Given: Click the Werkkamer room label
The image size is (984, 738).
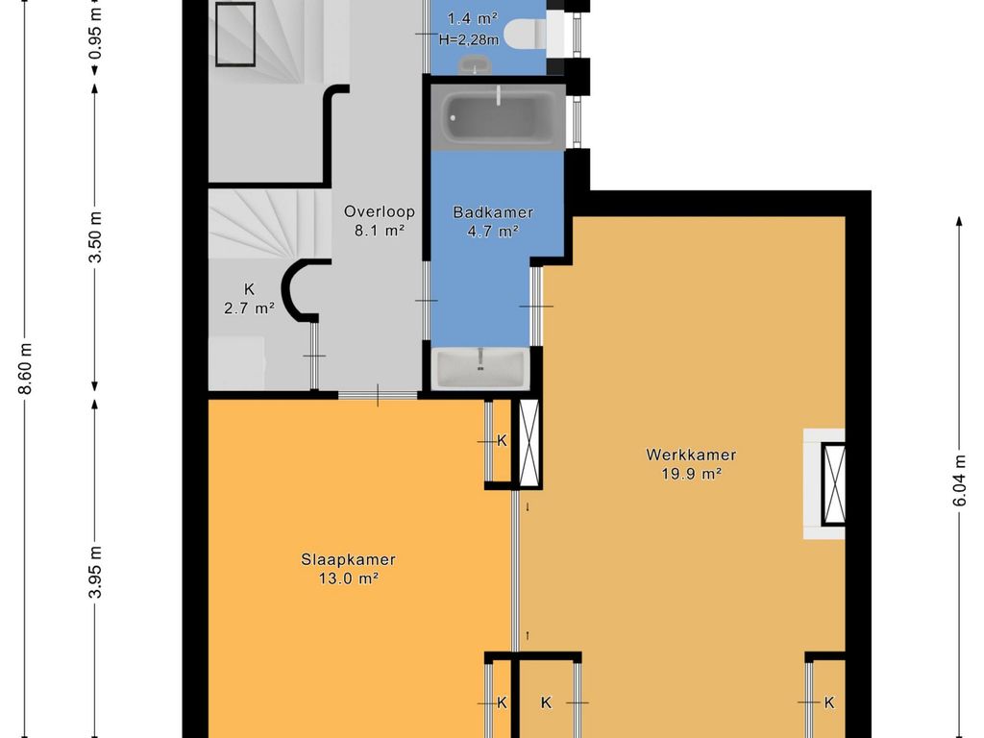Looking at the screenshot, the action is click(691, 455).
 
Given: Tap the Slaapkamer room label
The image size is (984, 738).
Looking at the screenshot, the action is click(348, 560).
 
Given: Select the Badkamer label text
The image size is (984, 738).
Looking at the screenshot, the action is click(493, 212).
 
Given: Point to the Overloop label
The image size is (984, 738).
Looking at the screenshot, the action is click(379, 211).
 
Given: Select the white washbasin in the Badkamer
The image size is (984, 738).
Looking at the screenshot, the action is click(480, 368).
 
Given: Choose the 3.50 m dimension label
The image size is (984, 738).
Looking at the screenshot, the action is click(95, 238).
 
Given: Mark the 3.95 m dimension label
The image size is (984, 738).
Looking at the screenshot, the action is click(95, 573).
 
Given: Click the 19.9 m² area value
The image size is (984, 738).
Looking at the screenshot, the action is click(691, 474).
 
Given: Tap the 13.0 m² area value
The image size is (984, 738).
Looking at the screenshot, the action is click(348, 578).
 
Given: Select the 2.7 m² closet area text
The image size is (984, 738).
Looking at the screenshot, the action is click(249, 308).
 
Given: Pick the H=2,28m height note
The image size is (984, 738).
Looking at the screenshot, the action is click(469, 40).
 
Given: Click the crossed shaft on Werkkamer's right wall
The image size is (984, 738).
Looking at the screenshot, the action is click(834, 483).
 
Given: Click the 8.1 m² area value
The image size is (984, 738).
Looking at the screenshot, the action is click(379, 231).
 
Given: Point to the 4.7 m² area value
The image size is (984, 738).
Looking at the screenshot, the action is click(493, 231).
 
